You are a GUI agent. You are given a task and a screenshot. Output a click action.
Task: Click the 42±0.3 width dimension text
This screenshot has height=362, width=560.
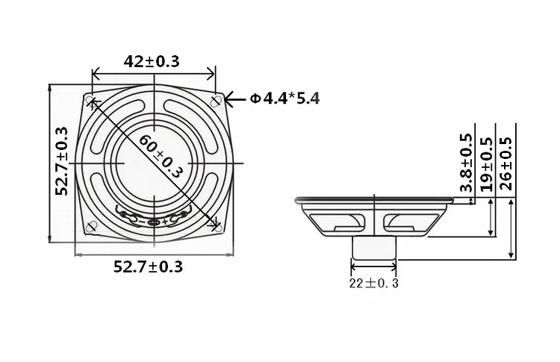pos(152,61)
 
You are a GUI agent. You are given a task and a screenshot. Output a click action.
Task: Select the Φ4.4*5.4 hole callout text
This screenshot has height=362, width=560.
pos(284,98)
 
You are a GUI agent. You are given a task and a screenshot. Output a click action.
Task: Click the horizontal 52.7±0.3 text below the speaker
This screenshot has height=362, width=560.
pos(148,266)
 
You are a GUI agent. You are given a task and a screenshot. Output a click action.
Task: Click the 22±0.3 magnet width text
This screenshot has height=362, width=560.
pos(374,283)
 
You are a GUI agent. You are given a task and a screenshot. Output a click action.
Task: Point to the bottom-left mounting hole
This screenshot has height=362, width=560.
pos(91,226)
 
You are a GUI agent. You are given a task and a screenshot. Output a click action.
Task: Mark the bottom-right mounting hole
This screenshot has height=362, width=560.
pos(217,225)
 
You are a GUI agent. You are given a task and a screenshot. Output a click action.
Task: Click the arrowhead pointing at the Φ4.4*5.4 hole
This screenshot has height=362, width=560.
pos(230,99)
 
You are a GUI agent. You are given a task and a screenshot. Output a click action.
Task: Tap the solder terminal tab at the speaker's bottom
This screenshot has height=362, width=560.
pos(153,222)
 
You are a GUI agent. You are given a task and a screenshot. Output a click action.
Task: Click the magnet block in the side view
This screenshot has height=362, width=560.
pos(374,248)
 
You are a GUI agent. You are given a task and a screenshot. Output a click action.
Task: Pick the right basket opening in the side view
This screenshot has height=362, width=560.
pos(411,221)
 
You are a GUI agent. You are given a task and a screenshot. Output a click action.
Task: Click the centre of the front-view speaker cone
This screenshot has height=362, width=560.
pos(153,163)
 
